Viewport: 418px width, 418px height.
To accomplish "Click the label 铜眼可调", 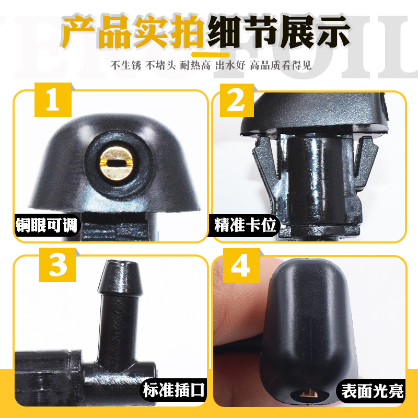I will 47,226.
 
